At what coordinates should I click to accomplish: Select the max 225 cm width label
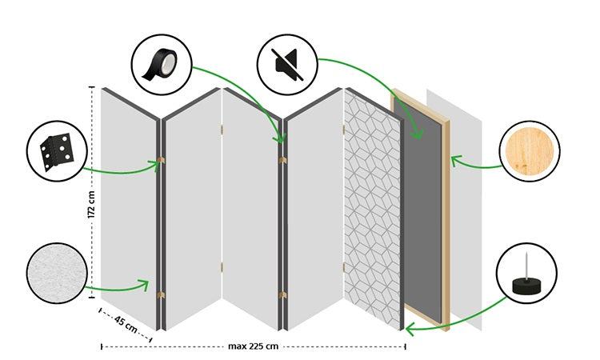(252, 346)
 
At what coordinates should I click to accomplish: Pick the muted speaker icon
(286, 62)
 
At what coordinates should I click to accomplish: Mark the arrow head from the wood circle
(454, 161)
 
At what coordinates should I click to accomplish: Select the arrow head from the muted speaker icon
(416, 136)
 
